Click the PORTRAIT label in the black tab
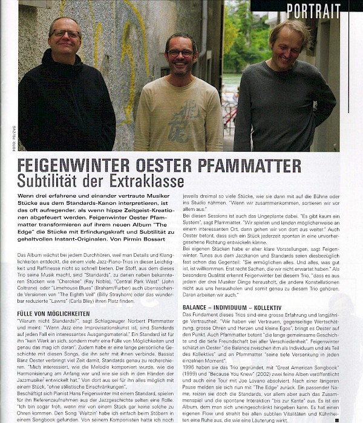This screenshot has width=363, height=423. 313,10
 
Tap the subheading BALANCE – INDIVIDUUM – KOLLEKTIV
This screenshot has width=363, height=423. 231,308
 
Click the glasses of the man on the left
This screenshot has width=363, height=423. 65,34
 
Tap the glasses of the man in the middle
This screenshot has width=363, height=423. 180,53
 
